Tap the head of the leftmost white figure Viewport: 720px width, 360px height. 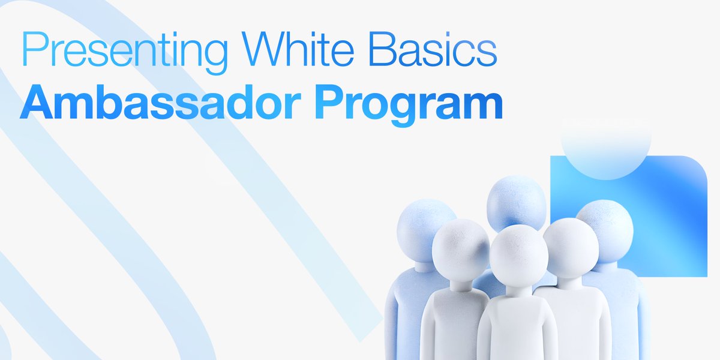[460, 247]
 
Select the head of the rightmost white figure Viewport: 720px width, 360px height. [571, 246]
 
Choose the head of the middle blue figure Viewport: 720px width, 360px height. [515, 198]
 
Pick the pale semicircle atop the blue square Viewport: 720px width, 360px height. [606, 150]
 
